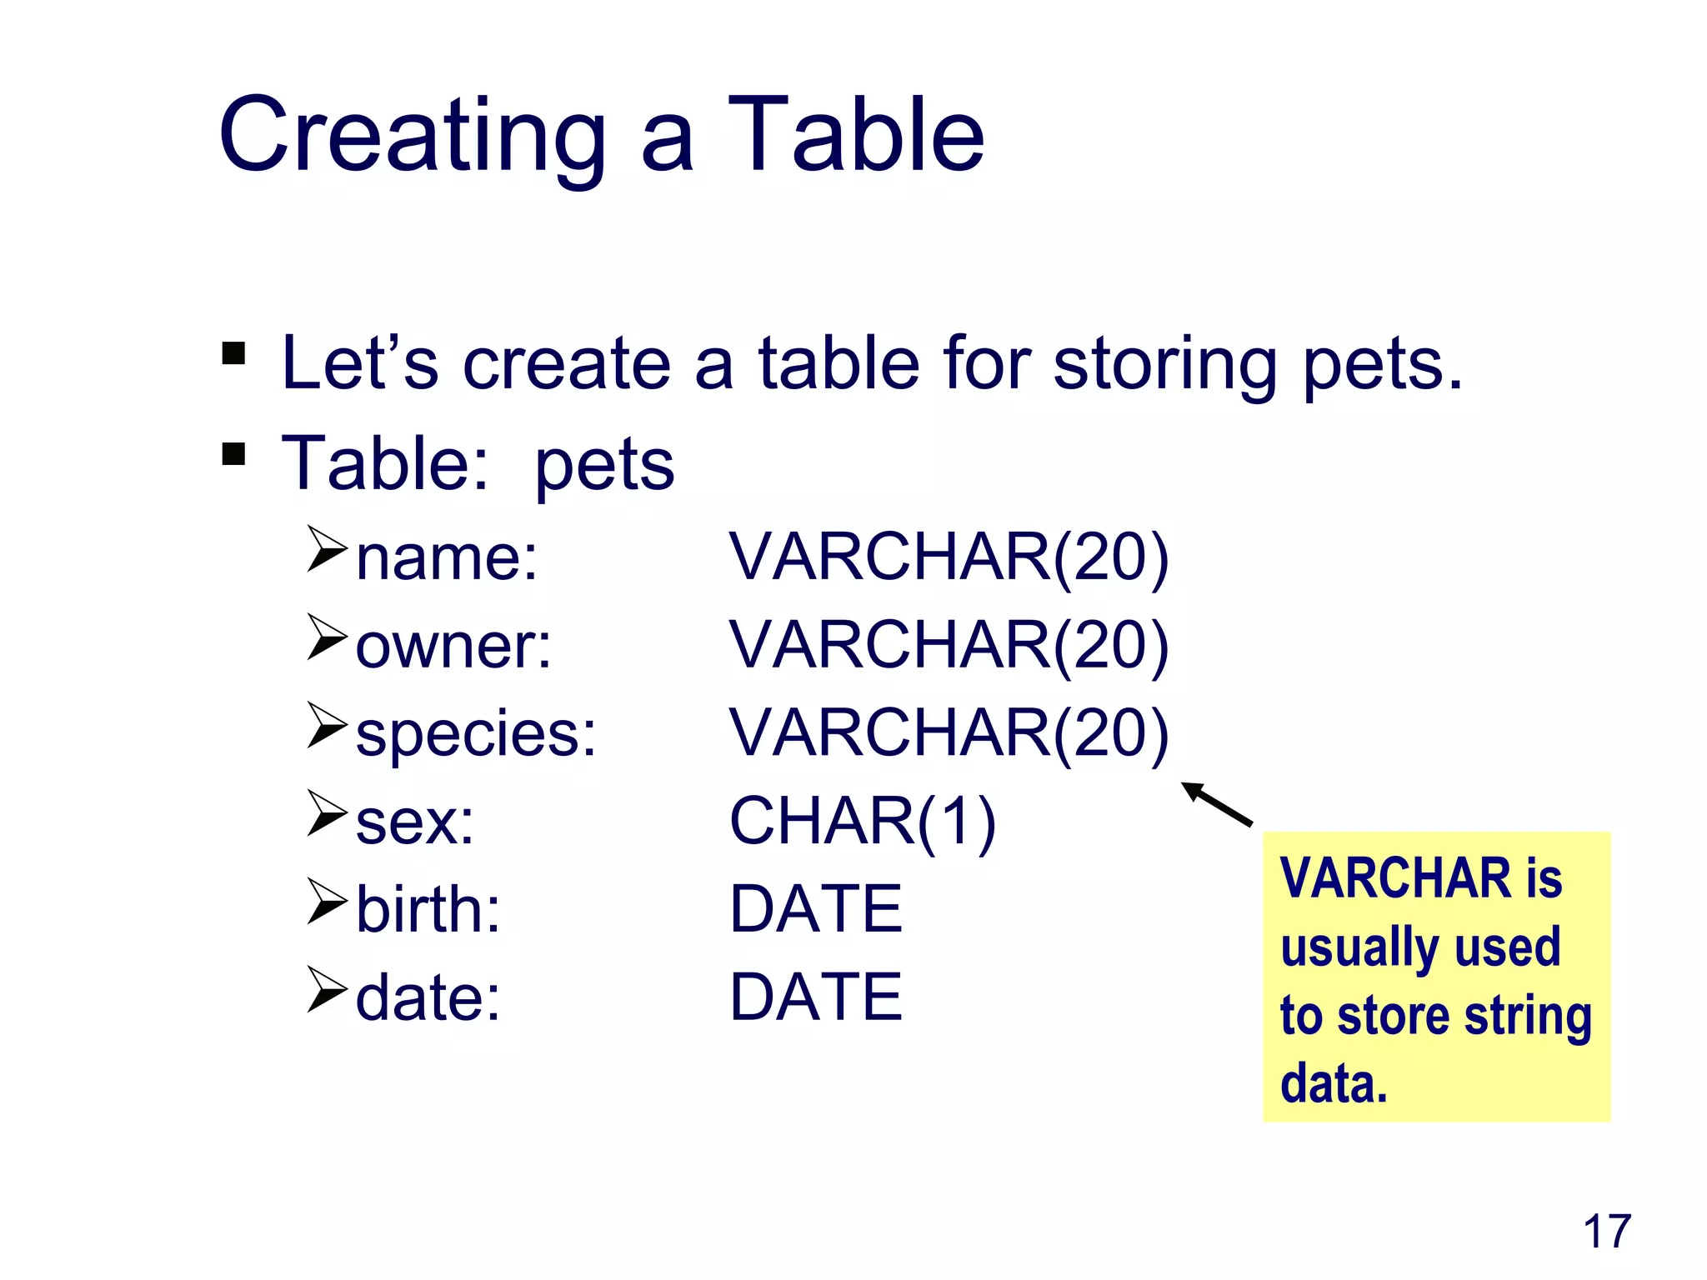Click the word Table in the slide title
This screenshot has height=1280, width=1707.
[x=856, y=136]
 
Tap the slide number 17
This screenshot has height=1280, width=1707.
[x=1606, y=1232]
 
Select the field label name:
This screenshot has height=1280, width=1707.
[x=447, y=557]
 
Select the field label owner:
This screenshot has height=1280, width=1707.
[x=453, y=646]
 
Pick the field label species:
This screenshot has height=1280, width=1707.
[x=476, y=734]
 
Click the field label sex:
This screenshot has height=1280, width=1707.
[x=414, y=822]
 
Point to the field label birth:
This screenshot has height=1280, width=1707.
[x=428, y=909]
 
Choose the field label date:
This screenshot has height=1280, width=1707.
[x=428, y=997]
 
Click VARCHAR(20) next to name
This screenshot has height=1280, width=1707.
[x=949, y=557]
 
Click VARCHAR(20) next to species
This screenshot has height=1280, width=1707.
[x=949, y=733]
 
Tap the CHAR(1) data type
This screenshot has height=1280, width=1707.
[x=862, y=822]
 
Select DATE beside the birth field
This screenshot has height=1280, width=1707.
[x=815, y=909]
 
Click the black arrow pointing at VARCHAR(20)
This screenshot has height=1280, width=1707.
[x=1217, y=804]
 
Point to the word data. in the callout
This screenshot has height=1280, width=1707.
[x=1334, y=1084]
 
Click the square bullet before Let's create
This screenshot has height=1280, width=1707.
[x=234, y=353]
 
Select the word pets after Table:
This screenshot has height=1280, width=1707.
[x=604, y=464]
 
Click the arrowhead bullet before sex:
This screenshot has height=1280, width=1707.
[x=326, y=812]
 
